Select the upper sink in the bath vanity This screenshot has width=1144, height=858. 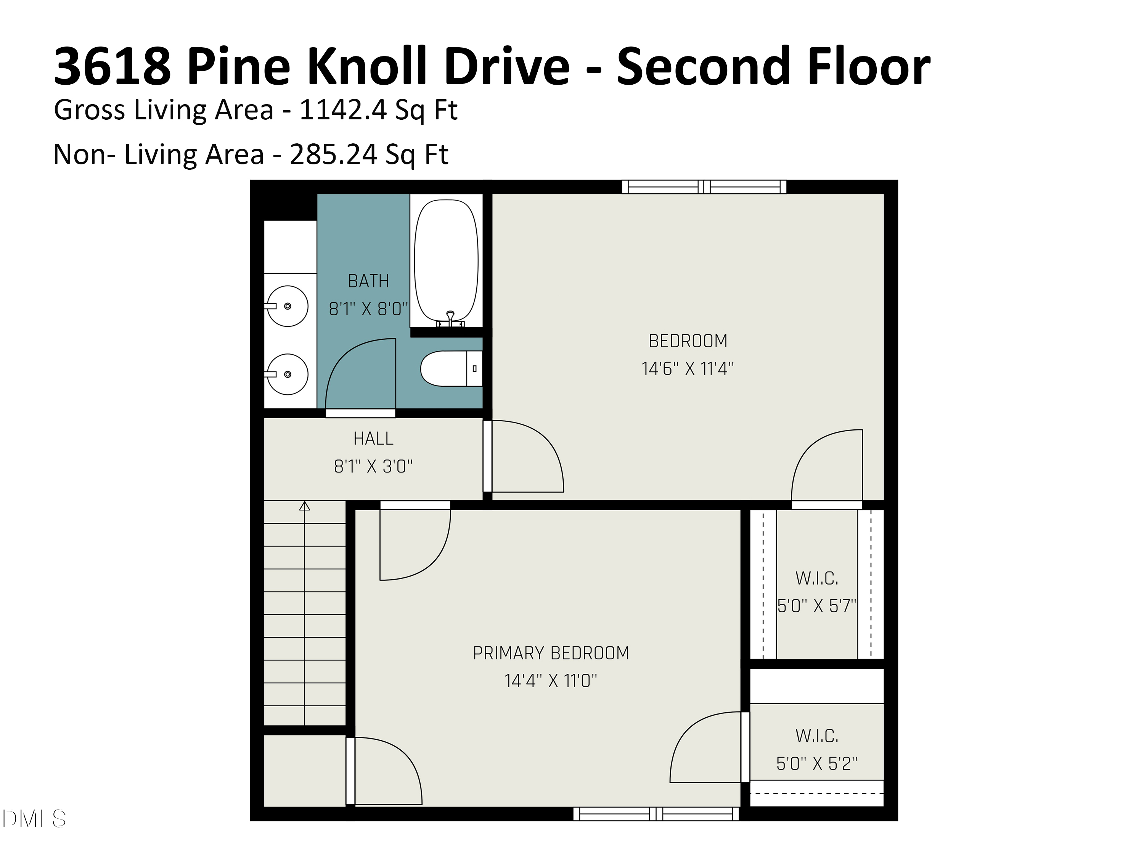pyautogui.click(x=288, y=306)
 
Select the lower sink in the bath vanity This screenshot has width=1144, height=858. pyautogui.click(x=288, y=374)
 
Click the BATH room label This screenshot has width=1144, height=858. pyautogui.click(x=368, y=281)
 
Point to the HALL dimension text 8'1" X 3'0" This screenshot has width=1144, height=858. pyautogui.click(x=373, y=466)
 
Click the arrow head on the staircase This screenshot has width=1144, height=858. pyautogui.click(x=305, y=506)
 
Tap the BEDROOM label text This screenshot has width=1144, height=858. pyautogui.click(x=688, y=341)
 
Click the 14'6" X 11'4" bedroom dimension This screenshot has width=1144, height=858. pyautogui.click(x=688, y=369)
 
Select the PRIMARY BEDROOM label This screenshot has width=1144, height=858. pyautogui.click(x=551, y=653)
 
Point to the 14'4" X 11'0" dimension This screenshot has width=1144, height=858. pyautogui.click(x=551, y=681)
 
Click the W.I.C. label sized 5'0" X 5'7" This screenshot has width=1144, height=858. pyautogui.click(x=817, y=578)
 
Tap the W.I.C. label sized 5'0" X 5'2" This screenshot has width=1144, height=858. pyautogui.click(x=817, y=736)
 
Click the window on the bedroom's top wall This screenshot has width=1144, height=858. pyautogui.click(x=704, y=187)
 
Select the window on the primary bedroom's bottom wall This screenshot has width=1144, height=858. pyautogui.click(x=656, y=814)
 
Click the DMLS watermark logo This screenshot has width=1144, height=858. pyautogui.click(x=34, y=819)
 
